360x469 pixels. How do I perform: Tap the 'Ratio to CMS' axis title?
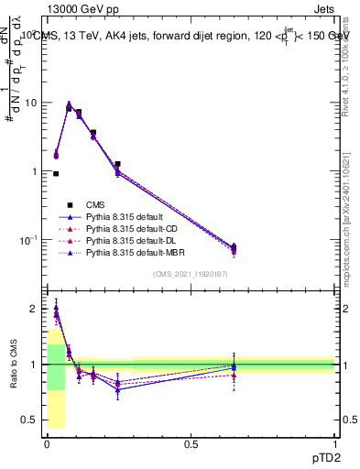click(13, 365)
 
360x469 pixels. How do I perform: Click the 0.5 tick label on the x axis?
click(191, 444)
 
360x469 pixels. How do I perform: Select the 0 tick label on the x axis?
click(47, 444)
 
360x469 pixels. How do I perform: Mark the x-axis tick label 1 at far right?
click(334, 444)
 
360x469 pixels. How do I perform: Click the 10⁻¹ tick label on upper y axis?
click(30, 240)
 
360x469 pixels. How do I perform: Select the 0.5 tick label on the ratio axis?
click(32, 420)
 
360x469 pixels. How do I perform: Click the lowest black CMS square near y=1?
click(56, 173)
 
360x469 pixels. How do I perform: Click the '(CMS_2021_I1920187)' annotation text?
click(191, 274)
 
